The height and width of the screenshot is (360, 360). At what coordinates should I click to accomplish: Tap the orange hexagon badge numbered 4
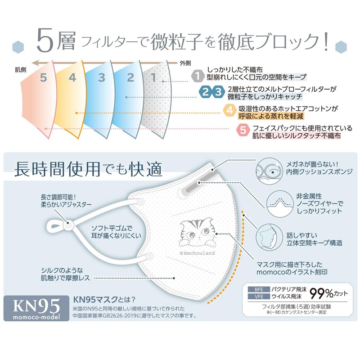tap(229, 110)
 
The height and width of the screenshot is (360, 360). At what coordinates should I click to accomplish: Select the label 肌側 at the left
tap(20, 69)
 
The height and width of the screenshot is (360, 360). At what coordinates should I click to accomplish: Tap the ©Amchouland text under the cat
tap(197, 253)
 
